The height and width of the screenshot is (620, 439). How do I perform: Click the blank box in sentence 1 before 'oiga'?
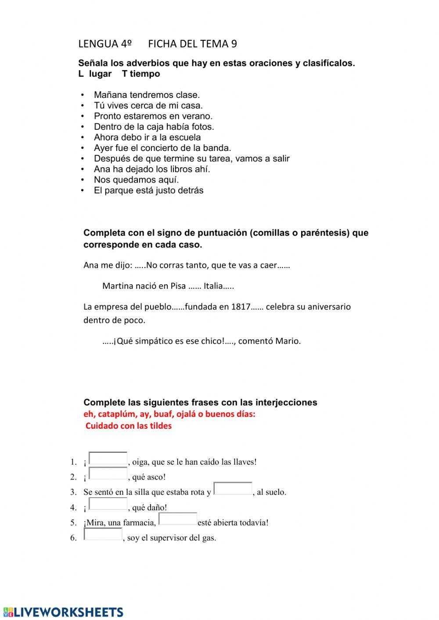(x=108, y=459)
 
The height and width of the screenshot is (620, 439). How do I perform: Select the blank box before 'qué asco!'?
(x=108, y=474)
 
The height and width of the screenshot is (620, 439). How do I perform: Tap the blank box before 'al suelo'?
(x=233, y=489)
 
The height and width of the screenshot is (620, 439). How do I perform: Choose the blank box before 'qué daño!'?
(x=108, y=504)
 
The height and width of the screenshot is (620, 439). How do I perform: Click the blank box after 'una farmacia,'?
(x=177, y=519)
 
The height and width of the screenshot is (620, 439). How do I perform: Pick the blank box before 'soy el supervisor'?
(x=103, y=534)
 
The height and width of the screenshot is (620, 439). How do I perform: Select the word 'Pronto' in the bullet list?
(x=107, y=116)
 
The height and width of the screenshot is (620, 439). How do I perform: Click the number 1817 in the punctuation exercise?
(x=241, y=307)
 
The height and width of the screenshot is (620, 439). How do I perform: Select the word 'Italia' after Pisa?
(x=213, y=286)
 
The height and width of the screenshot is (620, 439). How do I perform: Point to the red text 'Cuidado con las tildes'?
(x=129, y=426)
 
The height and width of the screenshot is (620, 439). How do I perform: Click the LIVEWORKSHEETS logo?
(x=63, y=612)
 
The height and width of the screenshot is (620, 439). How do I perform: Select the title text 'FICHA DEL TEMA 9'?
(x=192, y=44)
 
